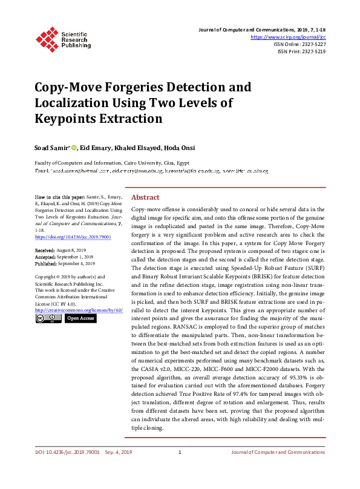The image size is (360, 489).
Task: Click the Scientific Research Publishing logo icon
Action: coord(45,38)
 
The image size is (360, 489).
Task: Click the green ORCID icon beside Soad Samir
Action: coord(75,146)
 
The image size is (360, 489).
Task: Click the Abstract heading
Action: coord(145,197)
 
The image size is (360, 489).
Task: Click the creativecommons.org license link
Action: coord(79,310)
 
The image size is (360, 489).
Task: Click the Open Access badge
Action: coord(80,318)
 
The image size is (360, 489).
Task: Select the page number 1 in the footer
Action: coord(180,469)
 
